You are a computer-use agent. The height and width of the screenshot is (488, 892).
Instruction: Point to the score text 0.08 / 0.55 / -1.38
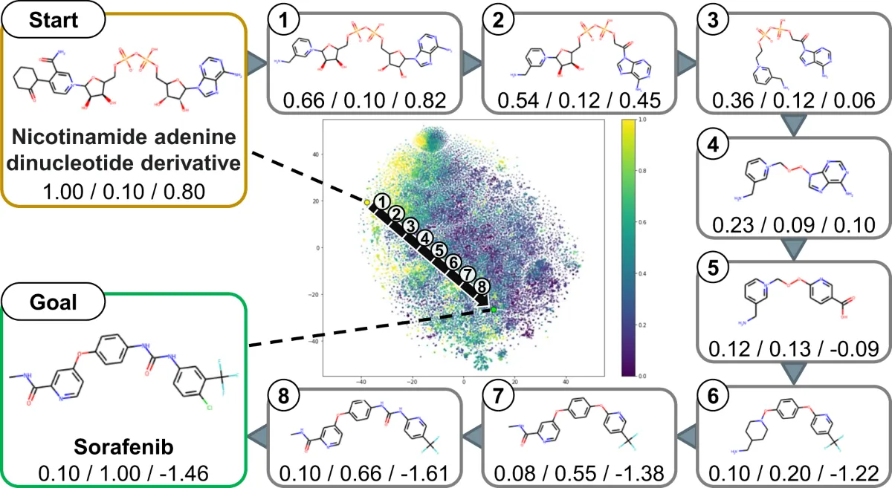570,469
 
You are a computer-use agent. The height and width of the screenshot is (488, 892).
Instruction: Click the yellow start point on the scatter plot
366,202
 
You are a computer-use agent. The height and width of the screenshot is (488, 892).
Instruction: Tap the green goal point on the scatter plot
493,309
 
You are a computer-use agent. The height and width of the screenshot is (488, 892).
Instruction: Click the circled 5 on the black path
439,250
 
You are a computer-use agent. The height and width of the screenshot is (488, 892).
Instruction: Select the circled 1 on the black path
381,201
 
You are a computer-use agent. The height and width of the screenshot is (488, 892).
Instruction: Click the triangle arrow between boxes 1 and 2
467,62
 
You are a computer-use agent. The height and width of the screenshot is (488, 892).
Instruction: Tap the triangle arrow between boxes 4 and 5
794,250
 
